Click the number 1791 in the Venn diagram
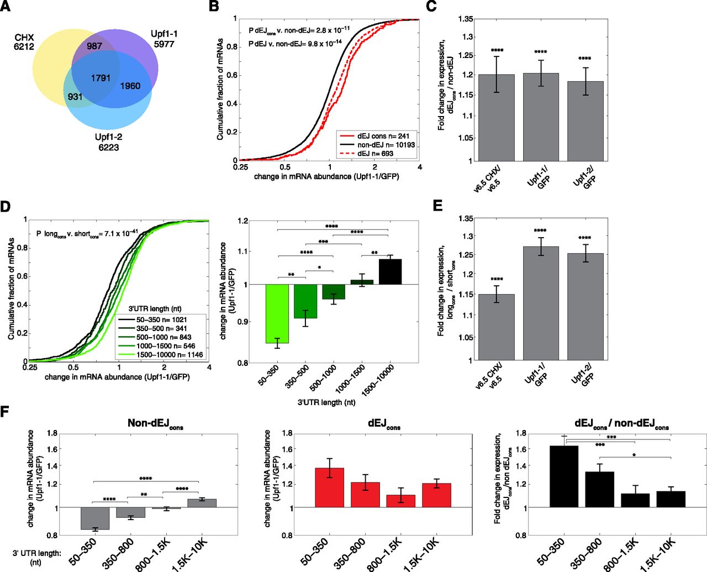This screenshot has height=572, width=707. coord(101,78)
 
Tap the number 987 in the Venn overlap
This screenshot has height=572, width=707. coord(94,46)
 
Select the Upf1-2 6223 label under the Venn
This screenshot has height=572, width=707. coord(108,142)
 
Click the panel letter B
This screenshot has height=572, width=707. coord(214,7)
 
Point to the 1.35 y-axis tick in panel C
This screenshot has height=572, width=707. coord(466,19)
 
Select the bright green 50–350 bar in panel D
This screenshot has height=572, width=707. coord(277,313)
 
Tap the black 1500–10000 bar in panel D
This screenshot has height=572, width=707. coord(390,271)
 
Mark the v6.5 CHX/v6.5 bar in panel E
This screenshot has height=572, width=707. coord(496,327)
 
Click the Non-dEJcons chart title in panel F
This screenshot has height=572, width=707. coord(155,424)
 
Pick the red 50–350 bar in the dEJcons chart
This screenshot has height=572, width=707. coord(329,487)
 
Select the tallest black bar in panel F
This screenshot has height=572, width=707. coord(564,476)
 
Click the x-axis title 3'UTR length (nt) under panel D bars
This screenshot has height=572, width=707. coord(326,402)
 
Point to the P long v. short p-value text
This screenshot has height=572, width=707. coord(87,234)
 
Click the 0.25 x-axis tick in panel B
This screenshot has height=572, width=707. coord(241,167)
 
